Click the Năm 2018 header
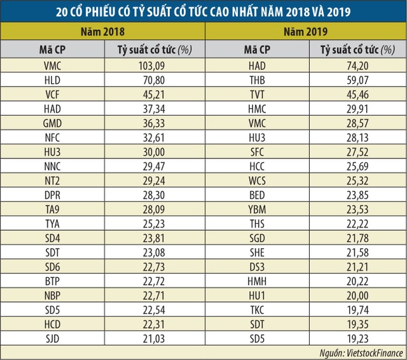pyautogui.click(x=102, y=31)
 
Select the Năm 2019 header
pyautogui.click(x=305, y=31)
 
